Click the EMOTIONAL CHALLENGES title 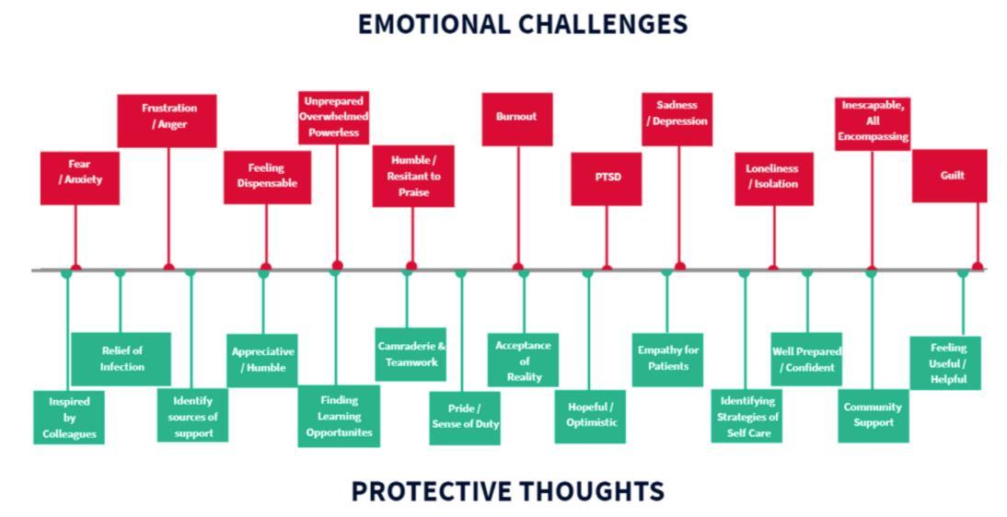(x=522, y=24)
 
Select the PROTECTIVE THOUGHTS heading (x=507, y=491)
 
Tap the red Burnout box (x=516, y=118)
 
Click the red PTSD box (x=606, y=178)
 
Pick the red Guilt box (x=950, y=176)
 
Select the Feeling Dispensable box (x=267, y=176)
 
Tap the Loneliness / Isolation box (x=773, y=178)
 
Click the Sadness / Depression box (x=677, y=118)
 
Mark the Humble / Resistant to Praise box (x=412, y=176)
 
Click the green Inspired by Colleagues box (x=69, y=418)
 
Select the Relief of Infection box (x=121, y=358)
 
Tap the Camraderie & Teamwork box (x=411, y=354)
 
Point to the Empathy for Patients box (x=668, y=359)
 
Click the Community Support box (x=873, y=416)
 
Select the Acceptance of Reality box (x=523, y=360)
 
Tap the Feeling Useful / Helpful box (x=946, y=362)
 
